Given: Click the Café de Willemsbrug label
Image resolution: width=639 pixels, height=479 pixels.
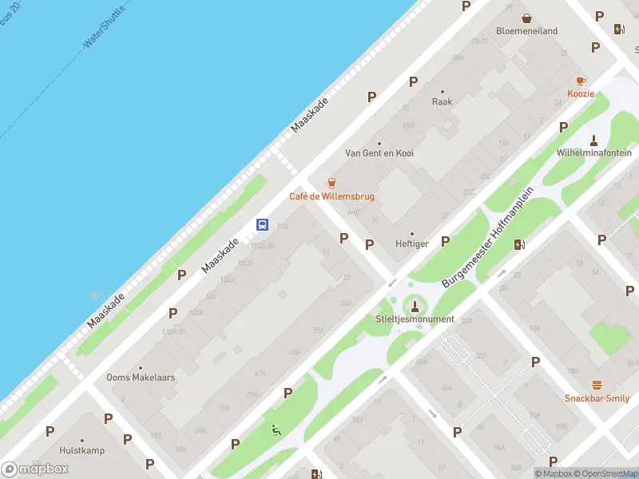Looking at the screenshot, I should pyautogui.click(x=331, y=196).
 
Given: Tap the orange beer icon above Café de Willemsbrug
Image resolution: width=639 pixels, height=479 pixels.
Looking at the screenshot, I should pyautogui.click(x=331, y=183).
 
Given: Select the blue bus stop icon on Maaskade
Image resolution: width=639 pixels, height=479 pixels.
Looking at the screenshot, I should pyautogui.click(x=262, y=225).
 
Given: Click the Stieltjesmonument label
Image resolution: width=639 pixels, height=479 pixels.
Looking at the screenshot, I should pyautogui.click(x=415, y=319).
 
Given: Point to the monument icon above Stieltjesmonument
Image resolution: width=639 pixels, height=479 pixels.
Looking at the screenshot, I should pyautogui.click(x=415, y=304).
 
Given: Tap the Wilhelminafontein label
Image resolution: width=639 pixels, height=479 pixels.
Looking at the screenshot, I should pyautogui.click(x=594, y=152).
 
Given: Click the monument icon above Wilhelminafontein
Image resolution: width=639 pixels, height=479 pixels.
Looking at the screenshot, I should pyautogui.click(x=594, y=138).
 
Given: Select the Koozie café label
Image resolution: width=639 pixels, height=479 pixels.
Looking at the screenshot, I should pyautogui.click(x=581, y=93).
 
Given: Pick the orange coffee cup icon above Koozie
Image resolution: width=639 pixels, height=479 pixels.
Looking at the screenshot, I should pyautogui.click(x=581, y=81).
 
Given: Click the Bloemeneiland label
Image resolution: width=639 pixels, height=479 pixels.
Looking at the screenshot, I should pyautogui.click(x=526, y=31).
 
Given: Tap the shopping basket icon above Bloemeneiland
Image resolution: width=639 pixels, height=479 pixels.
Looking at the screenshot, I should pyautogui.click(x=526, y=18).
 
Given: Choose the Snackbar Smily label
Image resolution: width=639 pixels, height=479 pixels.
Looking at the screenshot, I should pyautogui.click(x=597, y=398).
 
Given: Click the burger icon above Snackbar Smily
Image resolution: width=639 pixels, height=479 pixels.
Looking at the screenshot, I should pyautogui.click(x=597, y=384).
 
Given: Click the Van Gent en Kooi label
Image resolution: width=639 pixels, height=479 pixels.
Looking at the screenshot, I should pyautogui.click(x=379, y=152).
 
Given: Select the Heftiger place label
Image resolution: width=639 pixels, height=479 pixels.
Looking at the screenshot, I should pyautogui.click(x=412, y=244).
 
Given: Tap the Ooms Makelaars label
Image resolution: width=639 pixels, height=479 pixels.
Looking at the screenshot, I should pyautogui.click(x=141, y=378).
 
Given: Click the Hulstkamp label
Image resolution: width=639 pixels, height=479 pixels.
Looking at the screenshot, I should pyautogui.click(x=81, y=449).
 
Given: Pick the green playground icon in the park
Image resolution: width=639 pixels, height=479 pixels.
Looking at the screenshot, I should pyautogui.click(x=276, y=430).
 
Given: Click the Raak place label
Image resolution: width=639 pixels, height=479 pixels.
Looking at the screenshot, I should pyautogui.click(x=443, y=101).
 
